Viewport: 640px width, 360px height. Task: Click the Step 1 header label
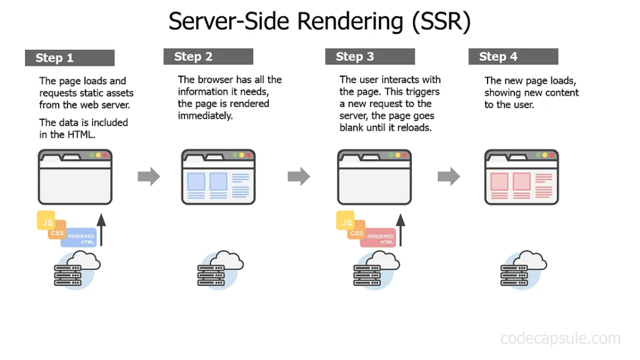coord(55,58)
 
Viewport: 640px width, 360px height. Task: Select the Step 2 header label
coord(194,57)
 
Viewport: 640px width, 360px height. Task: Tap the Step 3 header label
coord(355,57)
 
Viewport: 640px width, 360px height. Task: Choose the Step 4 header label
coord(498,57)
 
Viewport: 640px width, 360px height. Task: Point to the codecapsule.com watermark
coord(561,339)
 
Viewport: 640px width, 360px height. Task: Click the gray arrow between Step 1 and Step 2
coord(149,176)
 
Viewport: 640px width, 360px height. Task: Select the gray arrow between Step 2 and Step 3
coord(299,176)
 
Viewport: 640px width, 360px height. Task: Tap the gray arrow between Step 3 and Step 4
coord(449,176)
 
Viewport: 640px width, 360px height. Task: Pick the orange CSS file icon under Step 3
coord(356,232)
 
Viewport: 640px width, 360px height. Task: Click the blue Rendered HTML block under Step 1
coord(81,238)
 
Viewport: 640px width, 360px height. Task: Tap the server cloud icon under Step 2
coord(216,269)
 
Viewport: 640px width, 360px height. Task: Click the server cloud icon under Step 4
coord(519,269)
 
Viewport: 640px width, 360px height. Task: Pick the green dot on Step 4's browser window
coord(537,155)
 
